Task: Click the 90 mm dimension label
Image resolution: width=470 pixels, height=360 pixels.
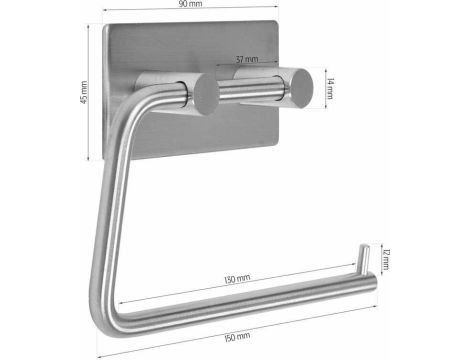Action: click(x=190, y=4)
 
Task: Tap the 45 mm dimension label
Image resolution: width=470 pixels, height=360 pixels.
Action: click(x=84, y=92)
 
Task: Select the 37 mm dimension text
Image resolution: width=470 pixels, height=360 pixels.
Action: click(x=247, y=59)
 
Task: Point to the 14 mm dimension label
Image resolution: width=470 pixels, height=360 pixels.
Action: click(x=330, y=88)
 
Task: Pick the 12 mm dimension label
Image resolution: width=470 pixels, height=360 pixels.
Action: click(x=386, y=259)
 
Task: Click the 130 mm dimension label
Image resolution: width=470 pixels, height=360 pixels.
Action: click(x=237, y=279)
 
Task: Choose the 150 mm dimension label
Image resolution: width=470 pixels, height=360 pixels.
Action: click(x=237, y=337)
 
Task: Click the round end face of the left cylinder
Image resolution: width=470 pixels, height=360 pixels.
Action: click(x=206, y=95)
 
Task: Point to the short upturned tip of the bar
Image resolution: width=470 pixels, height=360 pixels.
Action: click(x=363, y=258)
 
